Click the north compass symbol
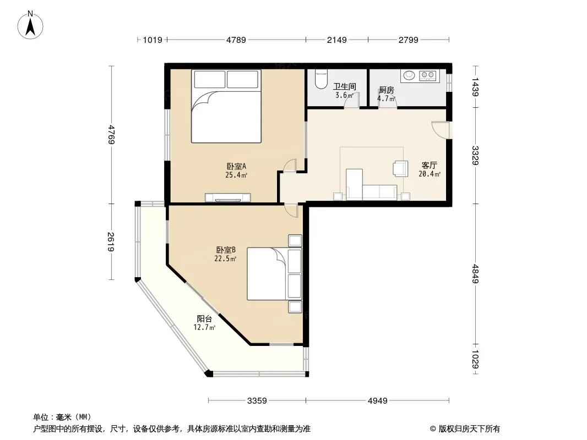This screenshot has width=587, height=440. point(30,25)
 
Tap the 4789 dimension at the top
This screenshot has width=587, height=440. point(236,40)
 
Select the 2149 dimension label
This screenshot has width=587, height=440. point(337,40)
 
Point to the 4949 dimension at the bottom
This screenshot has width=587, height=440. point(377,401)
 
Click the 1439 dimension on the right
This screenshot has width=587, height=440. point(475,87)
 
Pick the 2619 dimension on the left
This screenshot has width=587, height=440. point(111,241)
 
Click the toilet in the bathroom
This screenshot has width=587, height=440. point(321,79)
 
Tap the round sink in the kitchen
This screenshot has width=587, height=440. point(409,75)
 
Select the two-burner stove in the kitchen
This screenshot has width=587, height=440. point(427,75)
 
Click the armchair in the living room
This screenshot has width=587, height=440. point(400,168)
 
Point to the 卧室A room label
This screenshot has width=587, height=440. point(236,166)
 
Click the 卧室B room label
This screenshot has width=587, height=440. point(226,250)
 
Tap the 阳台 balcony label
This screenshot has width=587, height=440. point(204,319)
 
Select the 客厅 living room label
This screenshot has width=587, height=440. point(430,165)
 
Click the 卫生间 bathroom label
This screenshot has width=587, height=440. point(344,87)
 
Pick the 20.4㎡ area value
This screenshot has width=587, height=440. point(430,174)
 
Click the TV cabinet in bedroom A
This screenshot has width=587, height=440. point(227,197)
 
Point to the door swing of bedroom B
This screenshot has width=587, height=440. point(291,211)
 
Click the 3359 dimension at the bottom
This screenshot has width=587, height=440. point(257,401)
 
